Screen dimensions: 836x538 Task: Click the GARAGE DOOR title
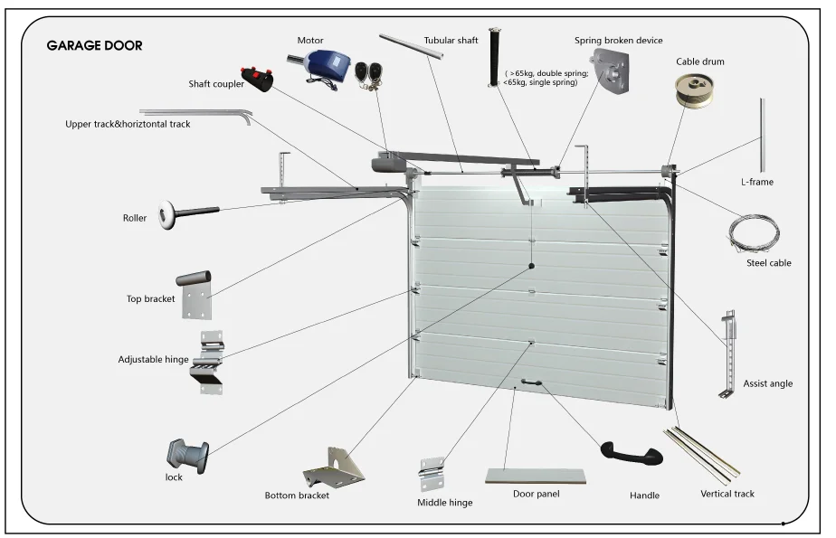point(94,45)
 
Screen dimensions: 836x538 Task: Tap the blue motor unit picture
point(318,67)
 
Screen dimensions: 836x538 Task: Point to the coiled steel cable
point(754,232)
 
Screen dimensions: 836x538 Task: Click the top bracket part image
point(194,295)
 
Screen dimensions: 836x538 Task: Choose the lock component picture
point(187,456)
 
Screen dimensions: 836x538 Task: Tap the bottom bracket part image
point(334,467)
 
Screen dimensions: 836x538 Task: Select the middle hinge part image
point(432,474)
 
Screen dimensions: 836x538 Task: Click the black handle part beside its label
point(632,453)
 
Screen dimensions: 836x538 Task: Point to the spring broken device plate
point(612,71)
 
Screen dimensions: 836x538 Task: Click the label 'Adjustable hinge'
point(154,360)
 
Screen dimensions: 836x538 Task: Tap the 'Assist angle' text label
point(768,383)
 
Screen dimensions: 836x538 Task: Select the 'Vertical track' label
point(727,494)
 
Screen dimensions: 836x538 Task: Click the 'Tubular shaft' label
point(451,41)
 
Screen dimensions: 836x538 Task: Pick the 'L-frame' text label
point(757,182)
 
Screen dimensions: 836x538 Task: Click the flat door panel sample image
point(536,476)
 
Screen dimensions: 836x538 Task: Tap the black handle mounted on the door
point(532,382)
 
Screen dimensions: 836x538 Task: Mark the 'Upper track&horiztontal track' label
point(128,124)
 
